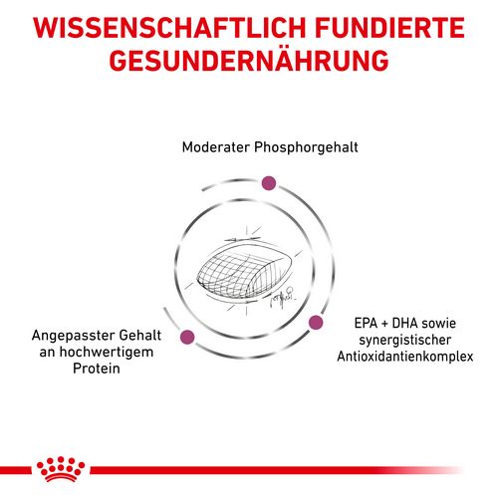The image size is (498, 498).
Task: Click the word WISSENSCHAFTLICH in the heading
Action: coord(169,27)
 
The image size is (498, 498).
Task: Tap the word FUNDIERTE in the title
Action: coord(390,27)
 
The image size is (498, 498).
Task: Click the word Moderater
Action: coord(216,146)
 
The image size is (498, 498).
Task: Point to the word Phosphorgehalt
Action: coord(306,148)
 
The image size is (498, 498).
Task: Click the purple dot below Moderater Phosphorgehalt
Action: coord(269,183)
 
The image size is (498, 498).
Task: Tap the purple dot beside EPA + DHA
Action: coord(316,322)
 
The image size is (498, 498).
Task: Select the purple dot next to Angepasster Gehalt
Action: coord(187,337)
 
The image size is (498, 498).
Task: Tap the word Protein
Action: coord(97,369)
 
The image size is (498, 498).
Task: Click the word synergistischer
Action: coord(405,341)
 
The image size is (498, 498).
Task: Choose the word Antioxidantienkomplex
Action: coord(405,357)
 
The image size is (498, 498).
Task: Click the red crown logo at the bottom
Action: coord(61,469)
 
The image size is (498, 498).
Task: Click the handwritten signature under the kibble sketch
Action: coord(282,297)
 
